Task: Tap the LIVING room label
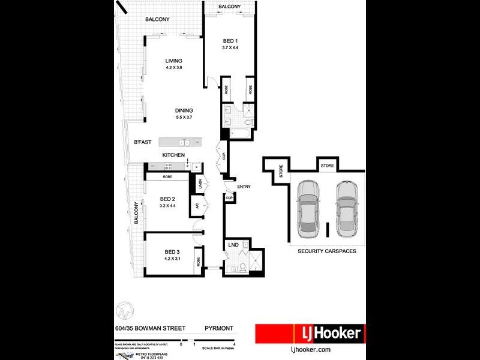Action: (174, 61)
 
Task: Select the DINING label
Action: (184, 110)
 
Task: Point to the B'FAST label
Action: (143, 142)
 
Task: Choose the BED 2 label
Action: (167, 199)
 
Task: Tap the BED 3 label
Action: (172, 251)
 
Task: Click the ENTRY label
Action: (244, 187)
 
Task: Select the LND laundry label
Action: (233, 245)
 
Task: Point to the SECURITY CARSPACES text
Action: (327, 251)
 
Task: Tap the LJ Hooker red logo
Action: (308, 333)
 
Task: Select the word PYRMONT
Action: (219, 328)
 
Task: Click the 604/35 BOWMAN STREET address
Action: (150, 328)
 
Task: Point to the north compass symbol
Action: (124, 310)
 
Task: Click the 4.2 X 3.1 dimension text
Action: (172, 259)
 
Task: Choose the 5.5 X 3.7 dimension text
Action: (184, 117)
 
